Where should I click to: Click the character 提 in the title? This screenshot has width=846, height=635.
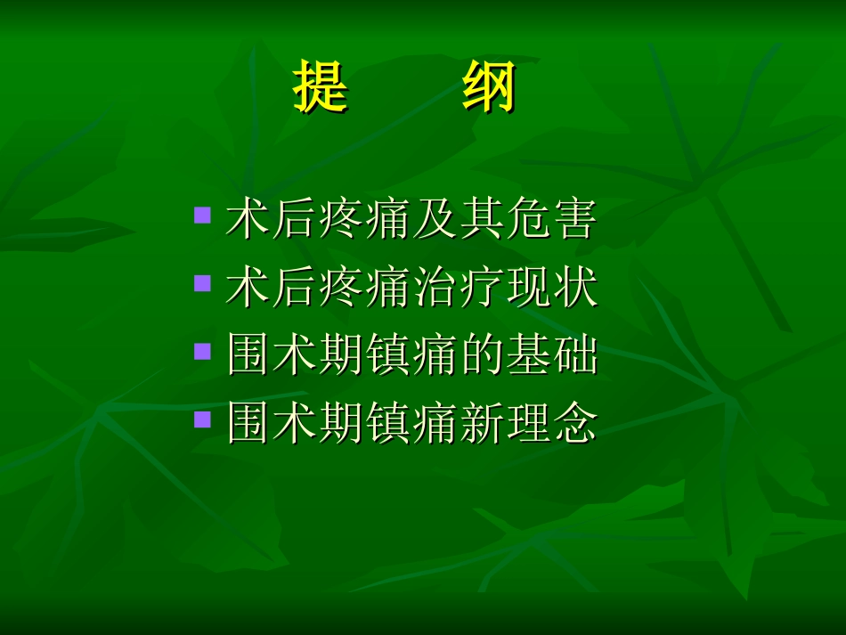pyautogui.click(x=321, y=87)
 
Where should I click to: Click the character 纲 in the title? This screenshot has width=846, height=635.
pyautogui.click(x=489, y=87)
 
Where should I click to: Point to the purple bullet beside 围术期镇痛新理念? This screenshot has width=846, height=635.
pyautogui.click(x=203, y=419)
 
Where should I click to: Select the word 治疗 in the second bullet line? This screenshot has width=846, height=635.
pyautogui.click(x=458, y=289)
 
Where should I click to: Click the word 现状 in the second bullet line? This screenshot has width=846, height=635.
pyautogui.click(x=551, y=289)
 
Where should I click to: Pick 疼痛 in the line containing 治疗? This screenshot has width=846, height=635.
pyautogui.click(x=365, y=289)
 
